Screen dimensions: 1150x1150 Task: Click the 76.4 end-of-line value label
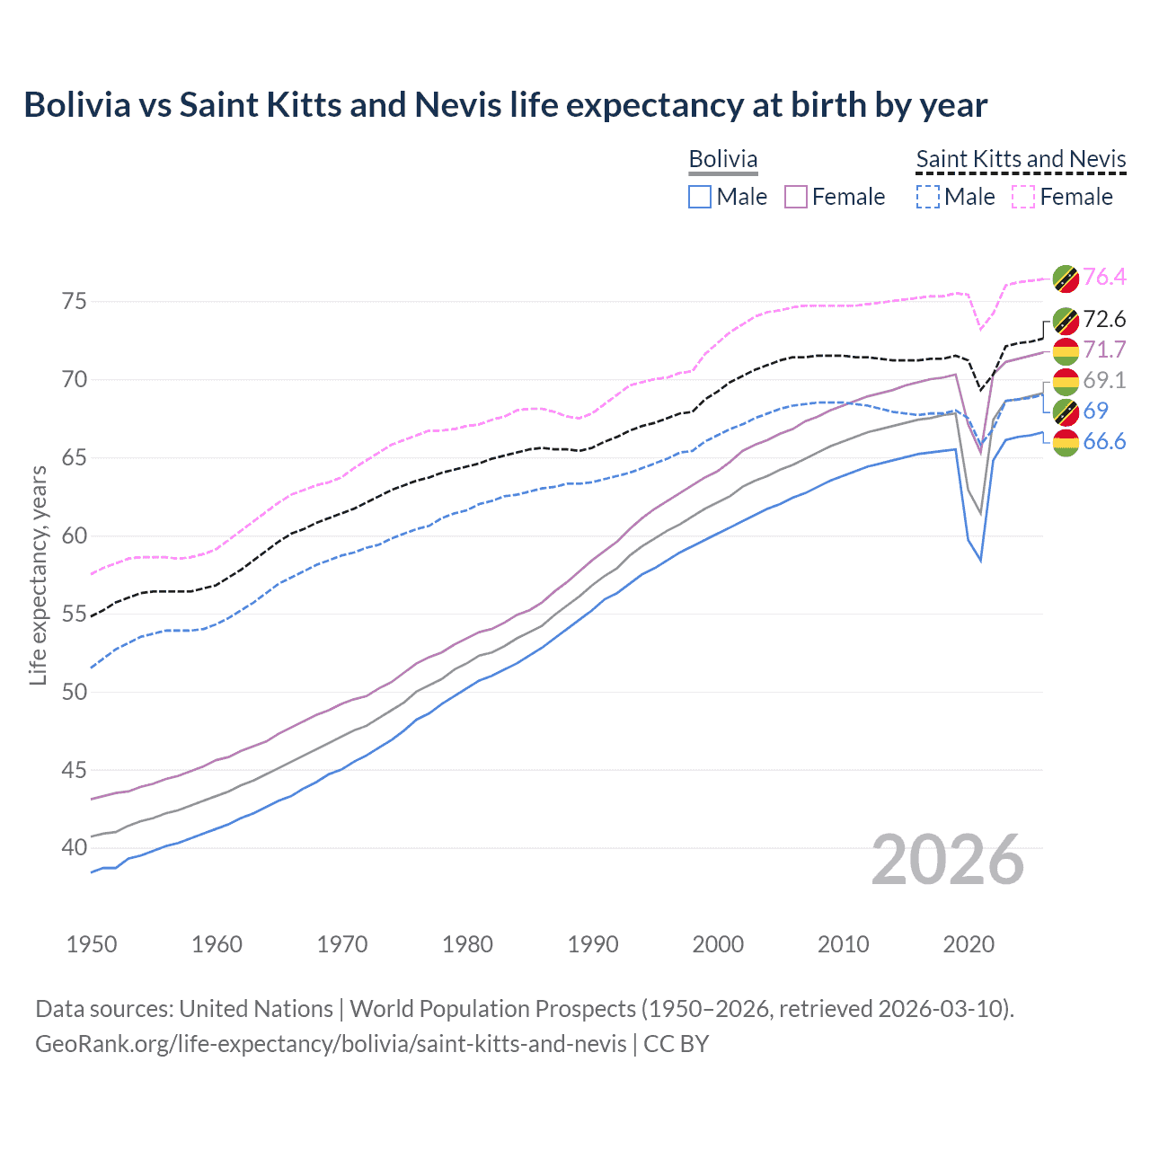point(1104,277)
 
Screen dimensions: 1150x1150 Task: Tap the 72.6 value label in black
point(1104,319)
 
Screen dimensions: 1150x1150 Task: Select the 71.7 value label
point(1104,349)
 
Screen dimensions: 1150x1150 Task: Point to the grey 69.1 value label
point(1104,380)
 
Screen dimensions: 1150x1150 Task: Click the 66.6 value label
point(1104,441)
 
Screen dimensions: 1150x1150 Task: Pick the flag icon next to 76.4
point(1066,278)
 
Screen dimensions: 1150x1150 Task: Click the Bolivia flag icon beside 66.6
point(1066,442)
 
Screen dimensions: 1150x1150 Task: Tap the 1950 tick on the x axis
point(92,944)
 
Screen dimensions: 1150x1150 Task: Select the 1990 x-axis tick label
point(593,944)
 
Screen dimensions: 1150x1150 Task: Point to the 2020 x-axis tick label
point(969,944)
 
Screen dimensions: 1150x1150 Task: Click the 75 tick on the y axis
point(75,302)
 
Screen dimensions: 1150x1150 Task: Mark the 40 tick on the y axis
point(75,847)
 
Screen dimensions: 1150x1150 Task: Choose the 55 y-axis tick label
point(75,615)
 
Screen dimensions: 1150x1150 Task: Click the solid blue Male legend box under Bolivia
point(700,197)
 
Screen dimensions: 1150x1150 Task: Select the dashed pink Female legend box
point(1023,197)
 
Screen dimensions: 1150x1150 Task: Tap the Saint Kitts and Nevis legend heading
point(1021,159)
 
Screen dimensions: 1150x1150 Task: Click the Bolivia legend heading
point(723,159)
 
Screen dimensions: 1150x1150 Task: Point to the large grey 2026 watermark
point(948,860)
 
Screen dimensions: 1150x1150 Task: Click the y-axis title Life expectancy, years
point(38,575)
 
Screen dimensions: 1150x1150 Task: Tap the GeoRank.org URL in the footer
point(331,1044)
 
